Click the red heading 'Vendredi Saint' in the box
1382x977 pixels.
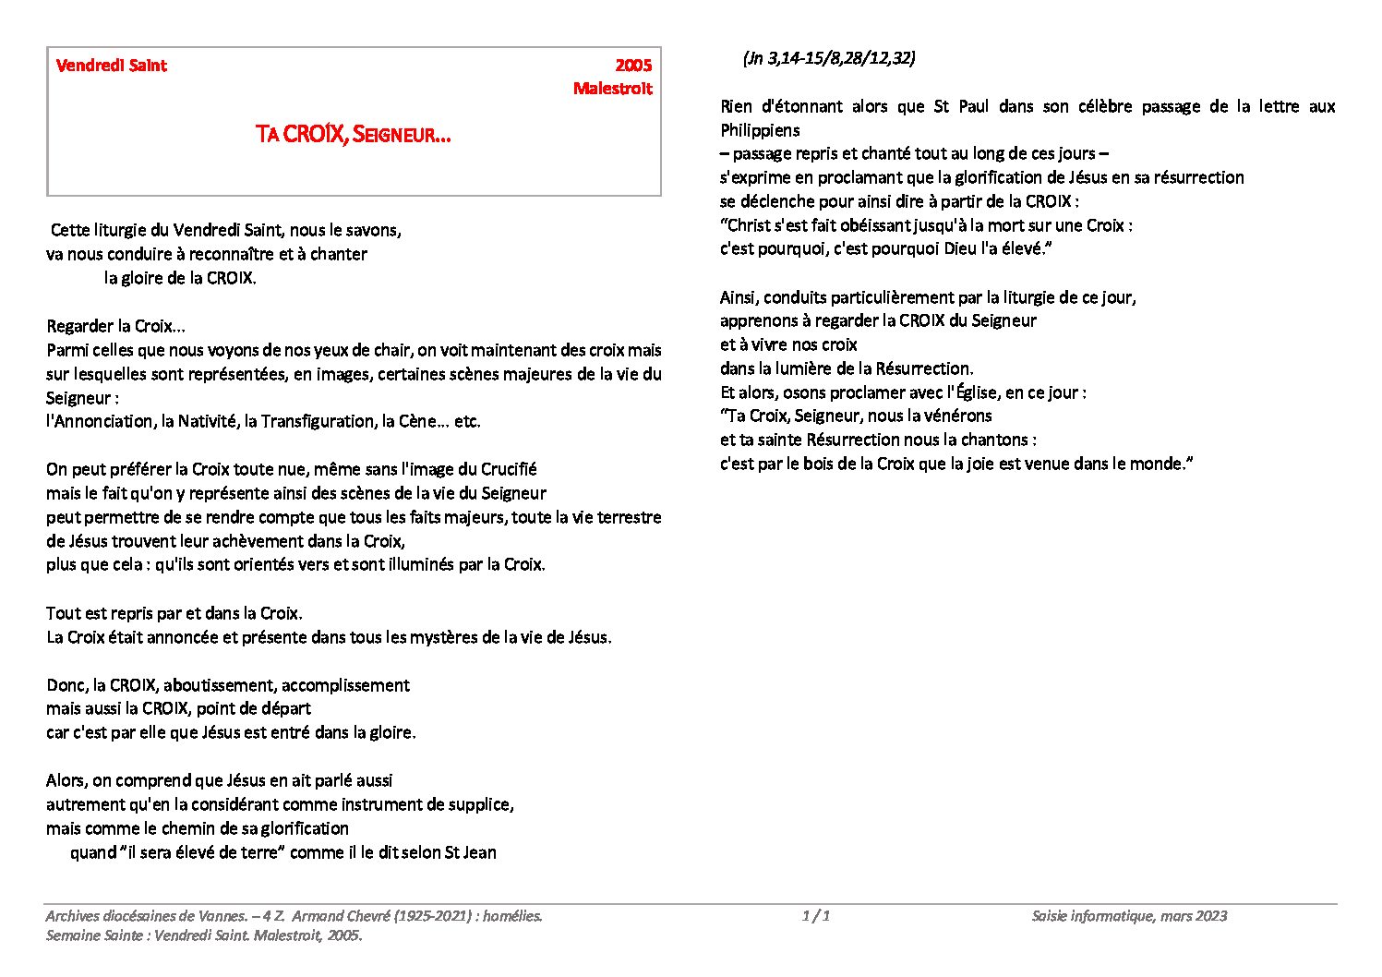[112, 66]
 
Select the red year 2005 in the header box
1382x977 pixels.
[633, 66]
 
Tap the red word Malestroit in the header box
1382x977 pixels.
[612, 89]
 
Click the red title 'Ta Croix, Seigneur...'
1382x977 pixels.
[354, 135]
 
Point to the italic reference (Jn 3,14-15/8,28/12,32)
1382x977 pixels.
[828, 58]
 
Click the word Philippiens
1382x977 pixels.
[760, 130]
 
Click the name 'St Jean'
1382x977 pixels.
[471, 853]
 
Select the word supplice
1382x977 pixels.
[481, 805]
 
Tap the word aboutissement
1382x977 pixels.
[219, 686]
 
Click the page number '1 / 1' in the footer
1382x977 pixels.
[816, 916]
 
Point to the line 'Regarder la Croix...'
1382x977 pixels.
[116, 327]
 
